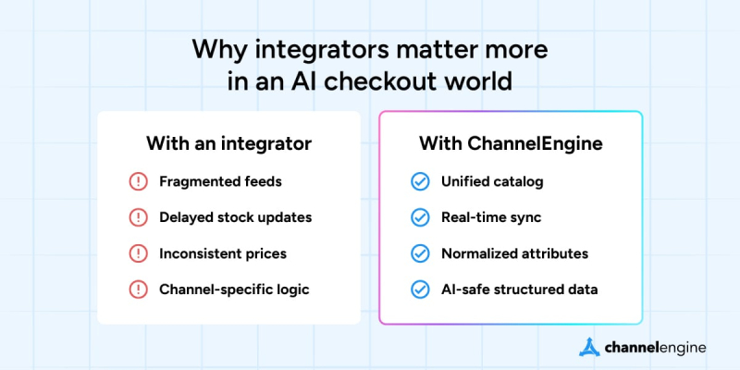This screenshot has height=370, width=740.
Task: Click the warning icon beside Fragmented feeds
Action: click(138, 181)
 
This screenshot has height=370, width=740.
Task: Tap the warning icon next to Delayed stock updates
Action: click(138, 217)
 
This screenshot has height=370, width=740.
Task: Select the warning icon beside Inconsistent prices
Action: click(138, 253)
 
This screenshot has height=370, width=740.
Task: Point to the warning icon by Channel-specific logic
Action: click(138, 290)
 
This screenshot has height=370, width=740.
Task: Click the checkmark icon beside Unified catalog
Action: click(420, 181)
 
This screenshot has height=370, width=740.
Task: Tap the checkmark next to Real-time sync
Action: click(420, 217)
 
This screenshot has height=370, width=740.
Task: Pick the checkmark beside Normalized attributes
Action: click(420, 253)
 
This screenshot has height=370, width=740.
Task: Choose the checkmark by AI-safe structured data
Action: click(420, 290)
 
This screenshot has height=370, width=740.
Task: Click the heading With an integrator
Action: click(228, 144)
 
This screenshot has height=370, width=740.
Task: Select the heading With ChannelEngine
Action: click(511, 144)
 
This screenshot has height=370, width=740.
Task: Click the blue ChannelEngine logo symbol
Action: click(590, 347)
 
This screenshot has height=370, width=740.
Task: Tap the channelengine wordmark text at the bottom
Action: click(656, 347)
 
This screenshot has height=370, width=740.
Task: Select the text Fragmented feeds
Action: click(218, 181)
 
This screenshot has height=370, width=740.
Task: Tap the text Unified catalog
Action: click(490, 181)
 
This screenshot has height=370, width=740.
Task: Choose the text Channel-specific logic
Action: click(234, 290)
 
